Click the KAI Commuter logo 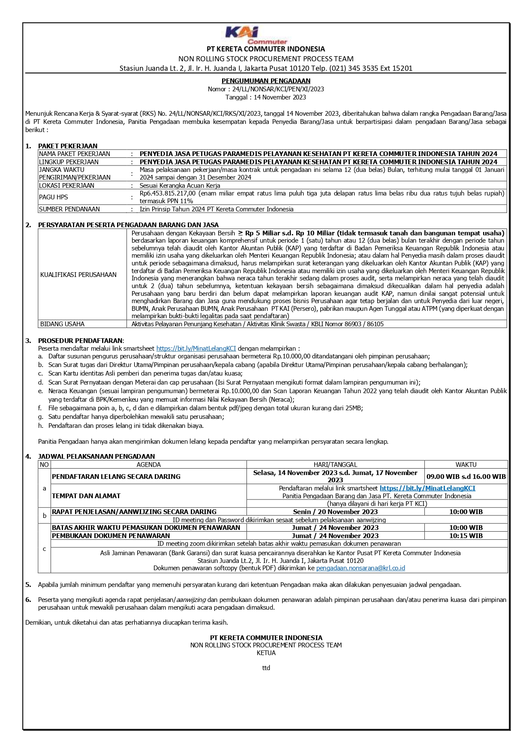pos(256,36)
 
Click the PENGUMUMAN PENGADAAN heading pos(266,81)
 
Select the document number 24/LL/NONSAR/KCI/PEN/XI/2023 pos(278,89)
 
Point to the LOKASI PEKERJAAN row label pos(66,186)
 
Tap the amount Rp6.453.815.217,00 pos(168,193)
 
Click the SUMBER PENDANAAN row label pos(69,209)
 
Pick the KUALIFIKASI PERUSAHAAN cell pos(78,275)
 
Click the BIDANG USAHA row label pos(62,324)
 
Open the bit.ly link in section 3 pos(196,349)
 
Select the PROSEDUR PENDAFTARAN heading pos(80,340)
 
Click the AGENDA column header pos(148,465)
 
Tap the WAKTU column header pos(466,465)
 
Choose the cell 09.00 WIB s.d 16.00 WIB pos(466,476)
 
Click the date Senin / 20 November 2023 pos(335,512)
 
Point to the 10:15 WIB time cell pos(466,535)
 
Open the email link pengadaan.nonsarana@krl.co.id pos(361,568)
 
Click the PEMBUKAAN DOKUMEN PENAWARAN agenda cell pos(111,535)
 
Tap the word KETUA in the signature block pos(266,653)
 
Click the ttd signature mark pos(266,668)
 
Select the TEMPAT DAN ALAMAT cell pos(86,496)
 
